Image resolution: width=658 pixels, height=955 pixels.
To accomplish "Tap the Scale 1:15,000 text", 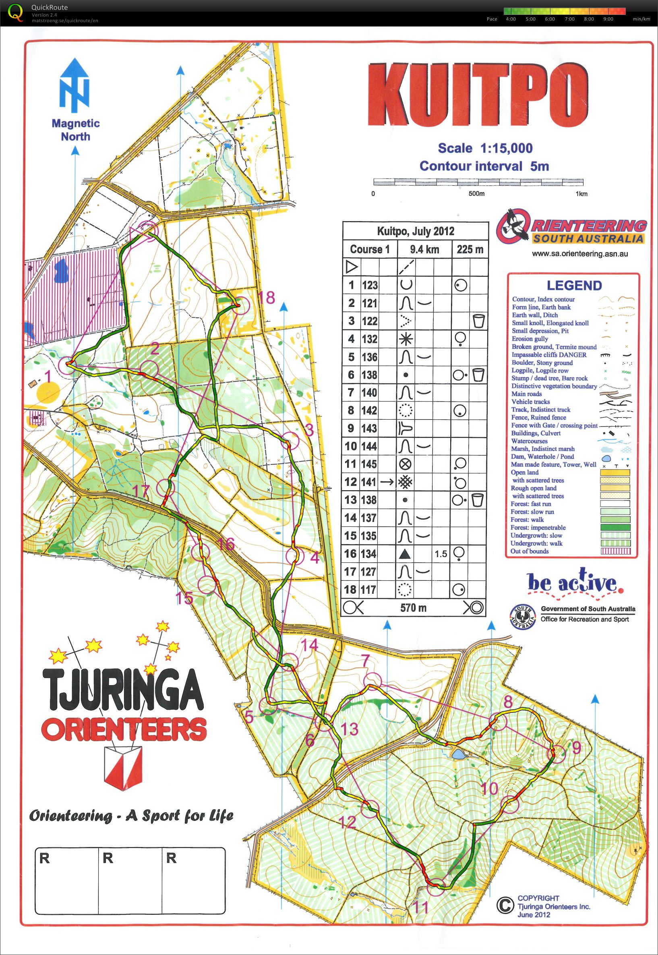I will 485,148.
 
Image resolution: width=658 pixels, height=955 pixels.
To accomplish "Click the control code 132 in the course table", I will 369,339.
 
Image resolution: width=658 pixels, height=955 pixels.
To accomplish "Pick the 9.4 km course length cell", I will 425,249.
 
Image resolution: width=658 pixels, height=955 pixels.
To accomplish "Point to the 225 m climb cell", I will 470,249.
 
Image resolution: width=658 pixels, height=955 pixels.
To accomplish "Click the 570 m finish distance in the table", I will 413,607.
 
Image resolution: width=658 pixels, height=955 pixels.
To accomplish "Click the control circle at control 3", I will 290,440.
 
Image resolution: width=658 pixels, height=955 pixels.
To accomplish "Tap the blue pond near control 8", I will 458,754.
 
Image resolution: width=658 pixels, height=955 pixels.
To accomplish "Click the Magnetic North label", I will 75,129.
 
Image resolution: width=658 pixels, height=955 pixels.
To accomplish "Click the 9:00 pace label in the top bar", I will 608,19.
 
